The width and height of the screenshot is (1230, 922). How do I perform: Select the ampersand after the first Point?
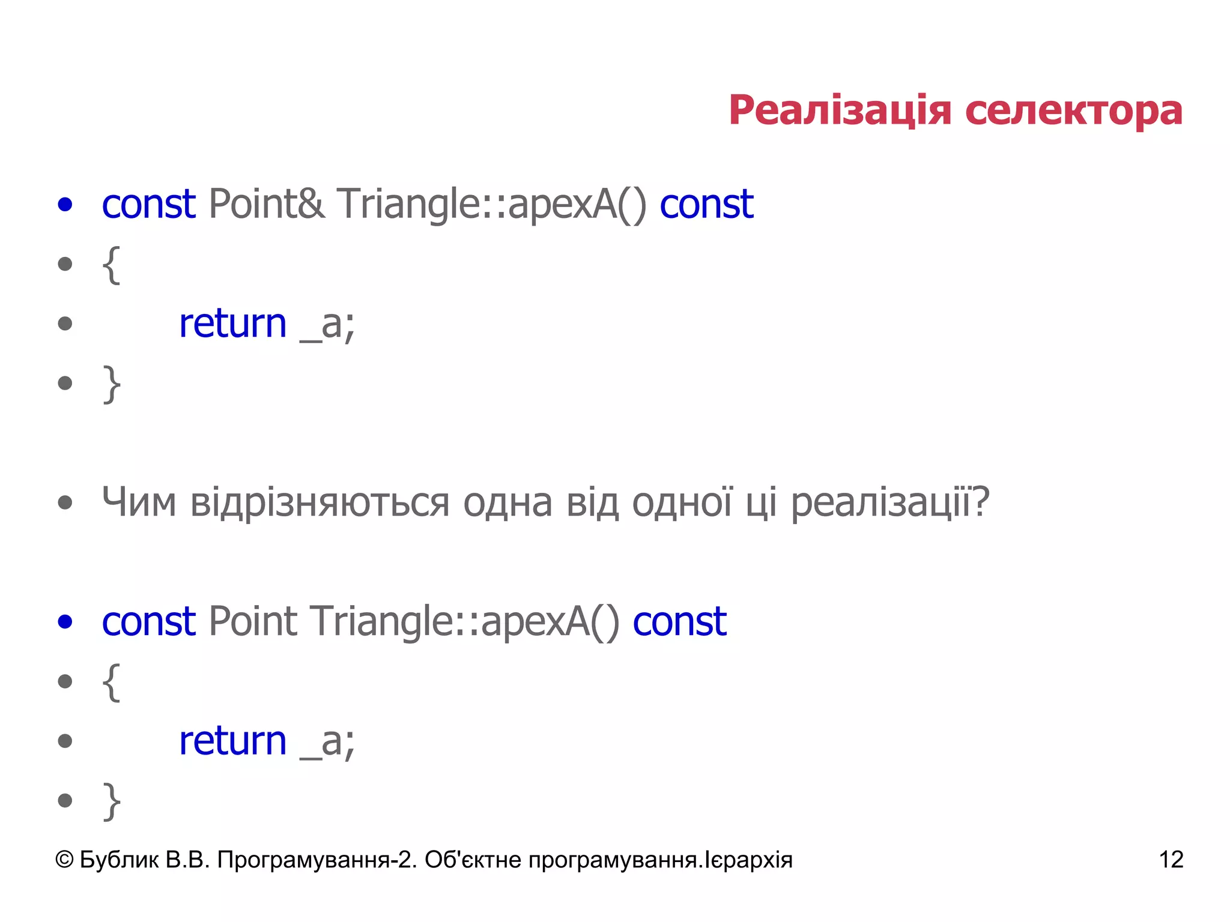[x=311, y=204]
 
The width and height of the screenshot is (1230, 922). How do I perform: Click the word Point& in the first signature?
[x=267, y=204]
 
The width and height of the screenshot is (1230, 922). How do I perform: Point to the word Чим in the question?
[x=139, y=502]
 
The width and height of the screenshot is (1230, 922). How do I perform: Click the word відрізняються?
[x=320, y=503]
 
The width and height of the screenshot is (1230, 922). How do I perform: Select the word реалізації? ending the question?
[x=889, y=503]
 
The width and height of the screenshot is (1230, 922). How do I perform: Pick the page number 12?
[x=1171, y=860]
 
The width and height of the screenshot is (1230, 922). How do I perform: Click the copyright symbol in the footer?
[x=64, y=860]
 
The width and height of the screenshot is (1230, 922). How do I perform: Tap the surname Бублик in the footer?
[x=119, y=860]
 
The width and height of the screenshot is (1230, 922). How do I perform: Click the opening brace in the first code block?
[x=111, y=264]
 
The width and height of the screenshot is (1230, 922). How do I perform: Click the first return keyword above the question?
[x=233, y=324]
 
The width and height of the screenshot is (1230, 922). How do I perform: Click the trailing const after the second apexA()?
[x=679, y=621]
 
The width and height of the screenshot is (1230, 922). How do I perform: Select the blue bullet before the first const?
[x=65, y=204]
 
